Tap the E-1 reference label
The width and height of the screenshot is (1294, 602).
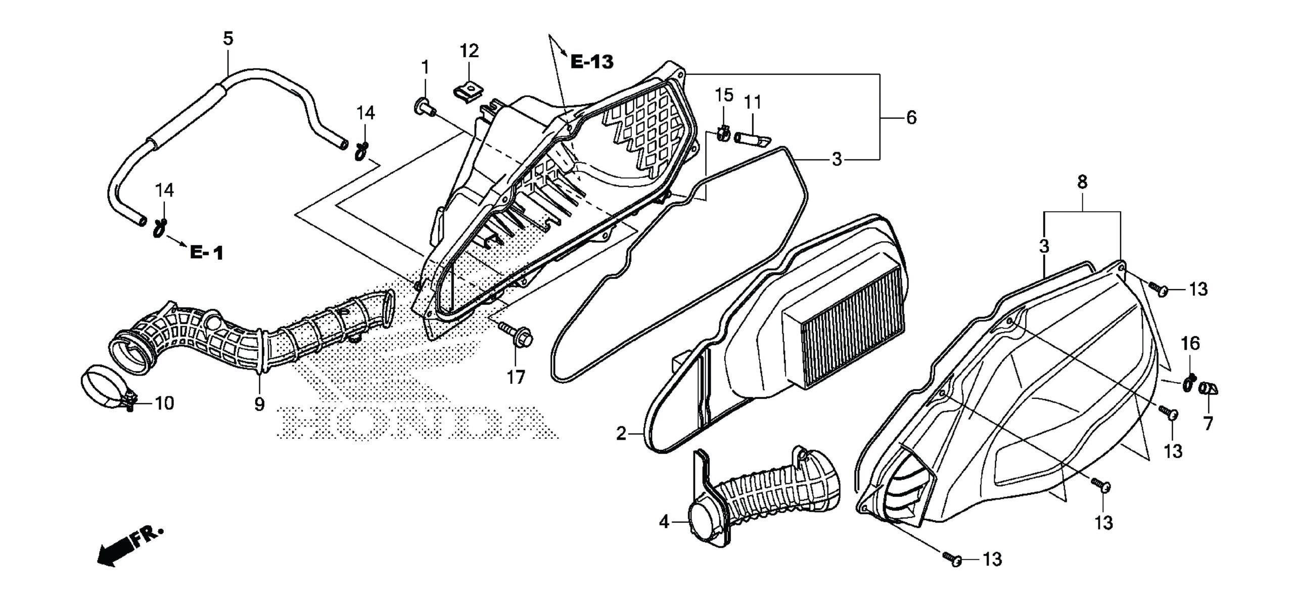pos(206,252)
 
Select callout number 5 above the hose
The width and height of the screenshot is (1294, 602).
pos(228,39)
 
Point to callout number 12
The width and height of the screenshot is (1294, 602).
pos(469,51)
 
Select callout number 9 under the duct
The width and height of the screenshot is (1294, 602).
pos(259,404)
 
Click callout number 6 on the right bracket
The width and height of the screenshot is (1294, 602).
pos(911,118)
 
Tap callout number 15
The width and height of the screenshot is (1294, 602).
pos(724,95)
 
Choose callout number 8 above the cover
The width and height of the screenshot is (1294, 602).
pos(1082,182)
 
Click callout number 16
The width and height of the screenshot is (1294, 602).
pos(1190,344)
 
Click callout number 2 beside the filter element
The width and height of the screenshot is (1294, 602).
pos(621,433)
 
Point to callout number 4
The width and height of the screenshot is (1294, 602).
pos(664,522)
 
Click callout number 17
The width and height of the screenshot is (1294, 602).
pos(516,377)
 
